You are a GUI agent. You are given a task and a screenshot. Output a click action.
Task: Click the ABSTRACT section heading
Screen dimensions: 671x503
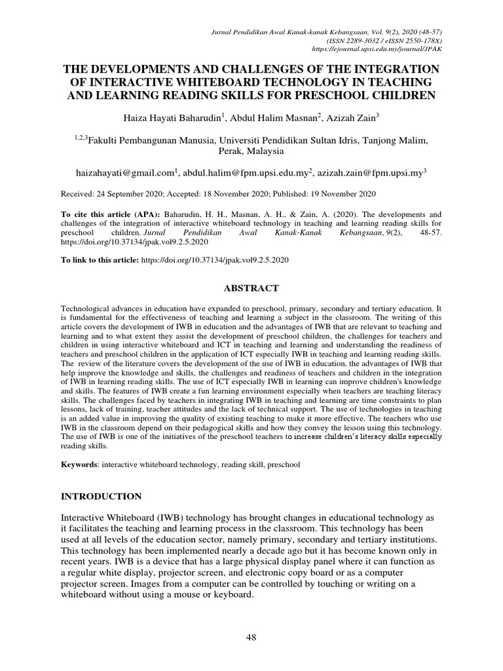tap(251, 288)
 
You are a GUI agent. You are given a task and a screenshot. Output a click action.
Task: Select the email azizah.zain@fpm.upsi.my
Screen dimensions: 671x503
tap(370, 173)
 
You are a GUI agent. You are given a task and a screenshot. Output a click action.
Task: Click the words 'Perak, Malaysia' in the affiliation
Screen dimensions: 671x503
tap(251, 151)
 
